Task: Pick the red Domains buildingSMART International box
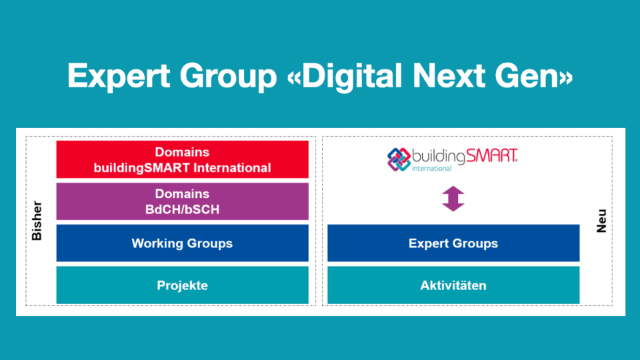[182, 159]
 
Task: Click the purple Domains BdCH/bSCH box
[182, 201]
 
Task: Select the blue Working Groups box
[182, 243]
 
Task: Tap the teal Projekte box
[182, 285]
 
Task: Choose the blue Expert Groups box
[453, 243]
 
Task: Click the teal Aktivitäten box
[453, 285]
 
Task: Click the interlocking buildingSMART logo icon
[399, 159]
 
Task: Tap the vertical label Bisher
[37, 220]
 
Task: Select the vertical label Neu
[601, 220]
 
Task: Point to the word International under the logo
[431, 169]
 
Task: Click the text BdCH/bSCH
[182, 208]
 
